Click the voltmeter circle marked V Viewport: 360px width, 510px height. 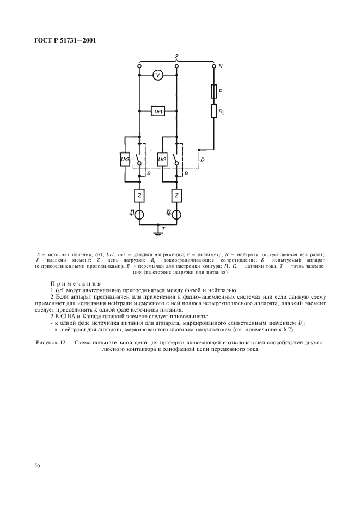[158, 76]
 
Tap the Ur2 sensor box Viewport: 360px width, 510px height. [125, 160]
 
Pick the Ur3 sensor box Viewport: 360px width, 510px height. [162, 160]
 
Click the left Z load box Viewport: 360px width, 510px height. [139, 195]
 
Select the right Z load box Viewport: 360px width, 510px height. [176, 195]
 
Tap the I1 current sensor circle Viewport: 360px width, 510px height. [139, 214]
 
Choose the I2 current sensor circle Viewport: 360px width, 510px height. [176, 214]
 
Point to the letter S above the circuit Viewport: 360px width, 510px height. [176, 56]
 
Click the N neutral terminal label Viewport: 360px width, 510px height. [221, 66]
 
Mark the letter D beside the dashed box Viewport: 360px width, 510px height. [203, 160]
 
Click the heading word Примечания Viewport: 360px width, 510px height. [76, 283]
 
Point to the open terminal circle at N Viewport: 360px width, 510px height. [213, 66]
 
